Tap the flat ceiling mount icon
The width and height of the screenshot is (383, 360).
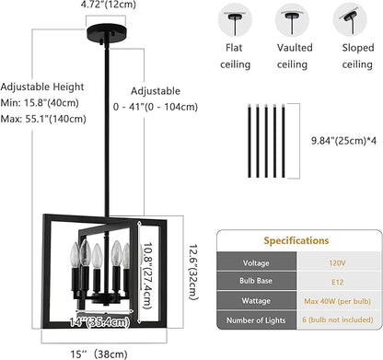(x=235, y=18)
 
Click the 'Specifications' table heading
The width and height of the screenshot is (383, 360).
(x=299, y=240)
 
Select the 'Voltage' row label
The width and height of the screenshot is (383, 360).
(x=254, y=262)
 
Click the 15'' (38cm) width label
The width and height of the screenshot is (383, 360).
(x=103, y=352)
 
